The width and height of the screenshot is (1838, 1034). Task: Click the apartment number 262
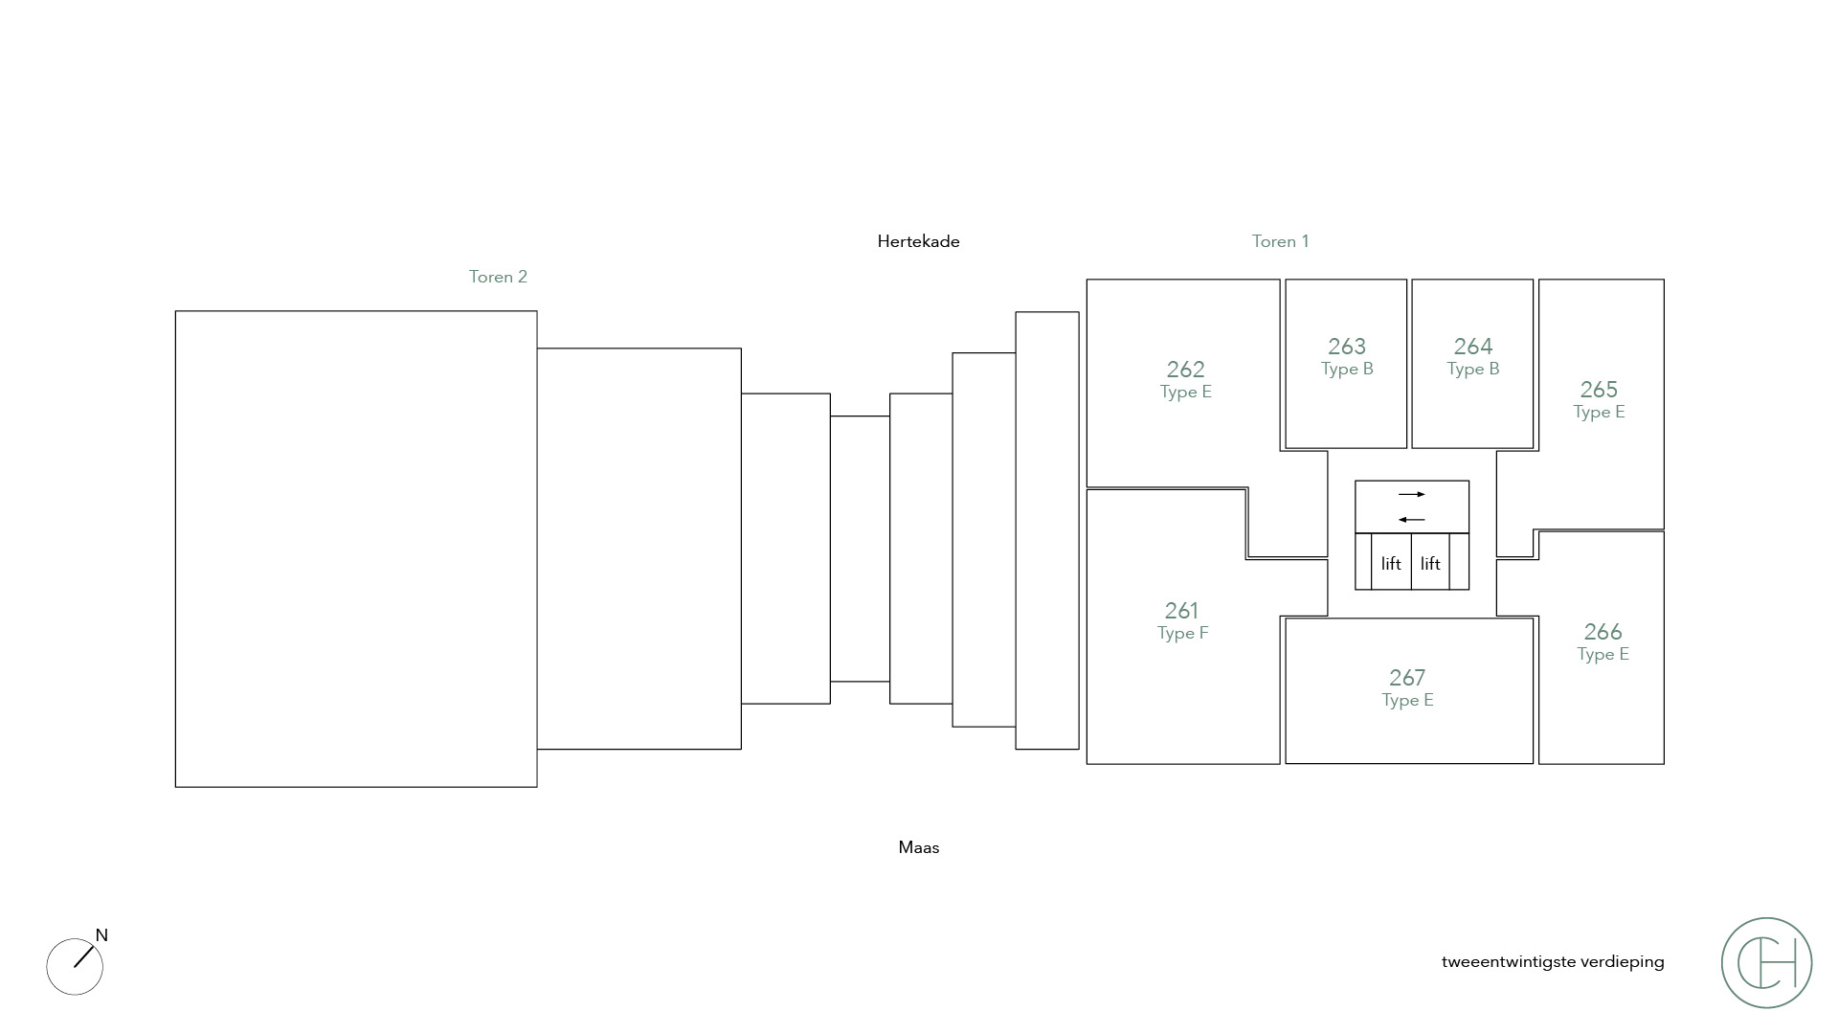click(x=1185, y=370)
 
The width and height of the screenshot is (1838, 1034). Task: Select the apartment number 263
click(x=1347, y=347)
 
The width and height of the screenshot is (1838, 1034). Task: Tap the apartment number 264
click(x=1473, y=347)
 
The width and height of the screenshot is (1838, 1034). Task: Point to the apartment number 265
click(x=1599, y=390)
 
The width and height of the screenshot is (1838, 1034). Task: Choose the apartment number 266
click(x=1603, y=632)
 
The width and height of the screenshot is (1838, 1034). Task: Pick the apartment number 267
click(x=1407, y=678)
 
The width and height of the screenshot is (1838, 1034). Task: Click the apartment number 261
click(x=1181, y=611)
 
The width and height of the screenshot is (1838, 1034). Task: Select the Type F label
click(x=1183, y=633)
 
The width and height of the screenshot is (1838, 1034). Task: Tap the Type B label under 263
click(x=1347, y=370)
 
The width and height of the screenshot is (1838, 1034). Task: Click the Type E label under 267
click(x=1407, y=701)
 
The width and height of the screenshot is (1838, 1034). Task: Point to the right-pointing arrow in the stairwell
click(x=1412, y=494)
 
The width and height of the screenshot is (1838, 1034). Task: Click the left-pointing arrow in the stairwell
click(x=1412, y=520)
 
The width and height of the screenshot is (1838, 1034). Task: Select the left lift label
click(x=1391, y=564)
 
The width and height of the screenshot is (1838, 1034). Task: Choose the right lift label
click(x=1430, y=564)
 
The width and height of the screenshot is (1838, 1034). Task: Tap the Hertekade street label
click(x=918, y=241)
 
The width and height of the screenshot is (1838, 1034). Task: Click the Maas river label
click(x=919, y=847)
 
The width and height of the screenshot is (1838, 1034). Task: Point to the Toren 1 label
click(x=1280, y=241)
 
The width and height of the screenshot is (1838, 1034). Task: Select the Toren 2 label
click(x=498, y=277)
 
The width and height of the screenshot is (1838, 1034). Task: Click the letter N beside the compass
click(x=101, y=935)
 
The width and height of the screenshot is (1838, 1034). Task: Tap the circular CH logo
click(x=1766, y=962)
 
